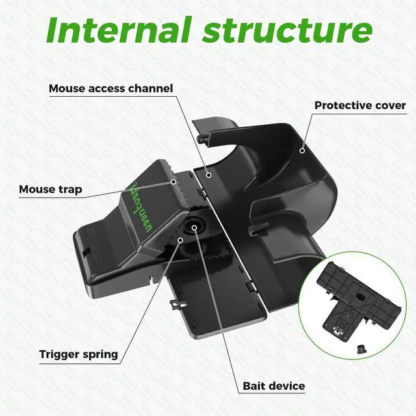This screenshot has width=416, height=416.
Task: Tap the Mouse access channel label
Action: click(111, 88)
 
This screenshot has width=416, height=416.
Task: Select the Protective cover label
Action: click(360, 105)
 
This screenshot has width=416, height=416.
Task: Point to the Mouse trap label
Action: click(50, 190)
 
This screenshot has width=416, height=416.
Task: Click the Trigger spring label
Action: click(79, 354)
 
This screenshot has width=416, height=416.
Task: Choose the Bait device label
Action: click(274, 386)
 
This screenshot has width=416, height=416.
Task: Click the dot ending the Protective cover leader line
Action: click(302, 150)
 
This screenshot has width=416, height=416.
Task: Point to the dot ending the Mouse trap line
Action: click(174, 182)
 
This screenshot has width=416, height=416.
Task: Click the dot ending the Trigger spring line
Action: click(181, 240)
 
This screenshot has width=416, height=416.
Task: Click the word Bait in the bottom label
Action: click(255, 386)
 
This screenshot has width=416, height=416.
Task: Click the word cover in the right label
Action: click(391, 105)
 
